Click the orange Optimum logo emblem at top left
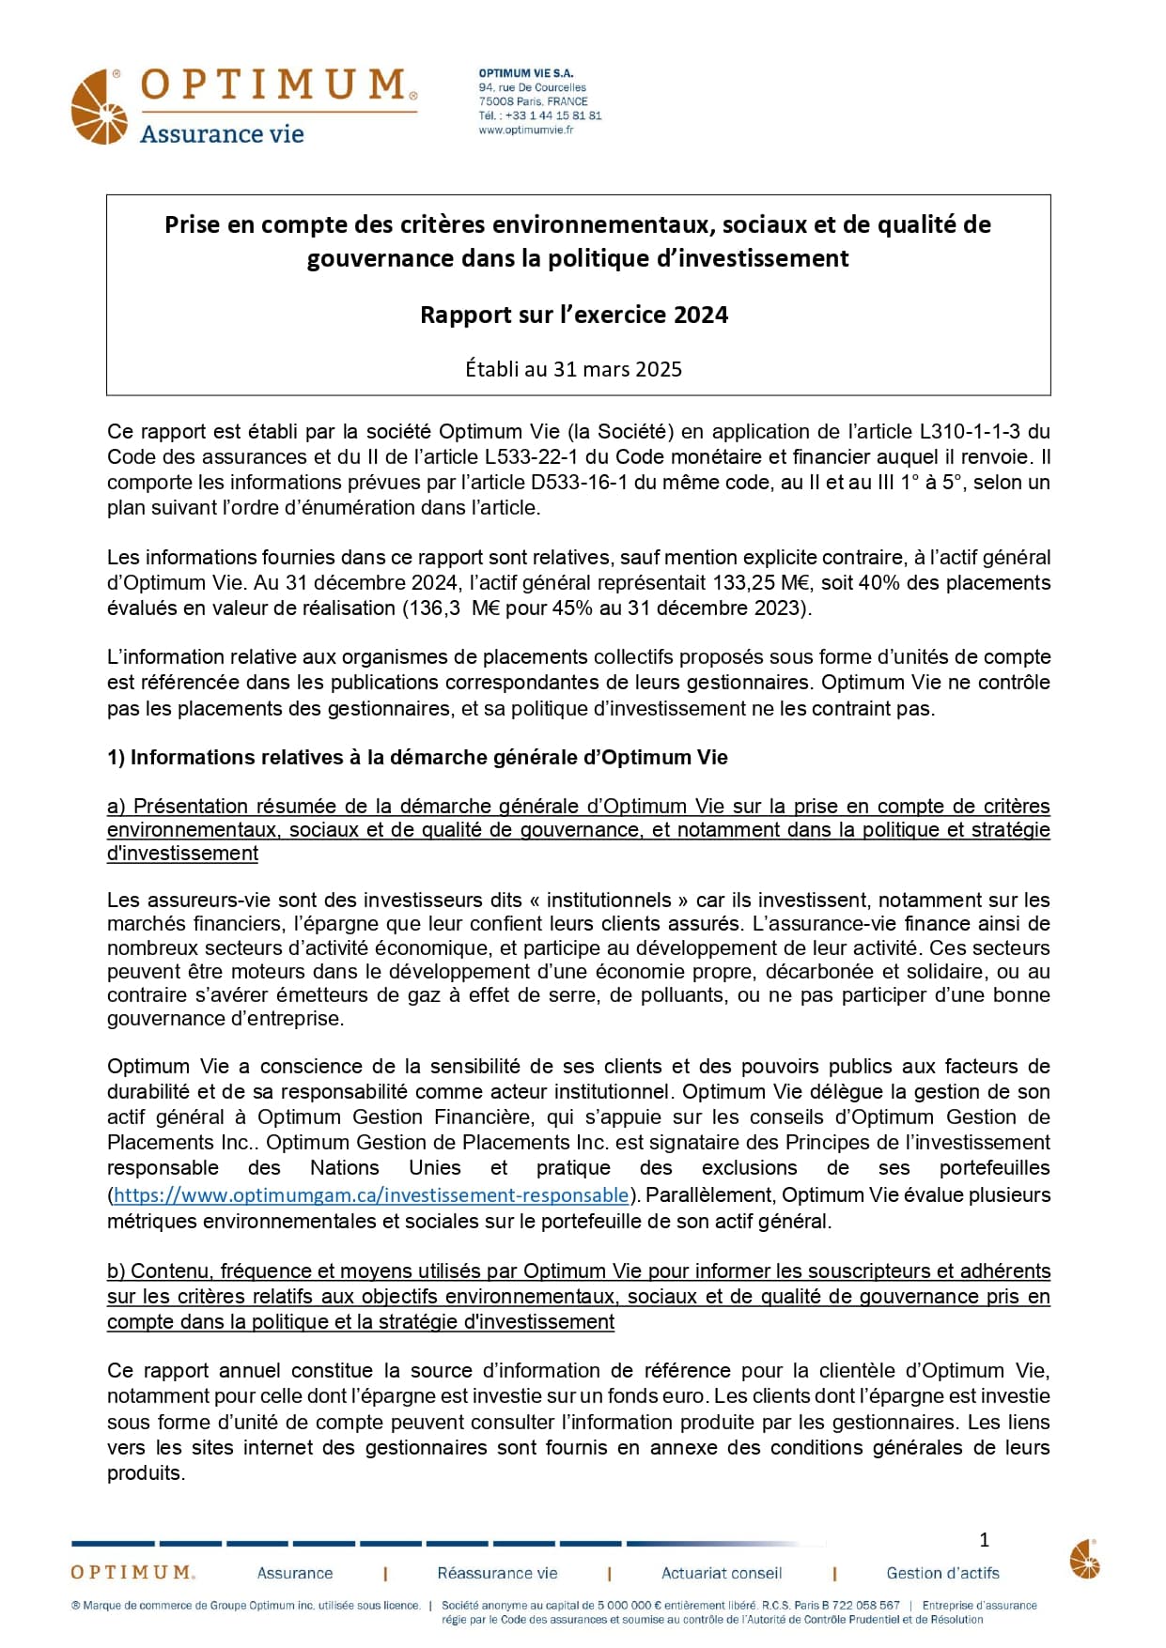coord(99,107)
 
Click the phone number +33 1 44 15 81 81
coord(553,116)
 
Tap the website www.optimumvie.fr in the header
coord(525,130)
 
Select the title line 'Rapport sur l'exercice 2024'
coord(573,315)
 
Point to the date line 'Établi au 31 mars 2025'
coord(573,369)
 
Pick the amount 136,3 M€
coord(453,608)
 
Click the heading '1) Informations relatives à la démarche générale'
coord(417,758)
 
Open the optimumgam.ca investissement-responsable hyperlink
coord(370,1195)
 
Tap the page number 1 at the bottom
coord(984,1540)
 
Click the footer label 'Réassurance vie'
coord(497,1573)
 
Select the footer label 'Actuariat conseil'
coord(722,1573)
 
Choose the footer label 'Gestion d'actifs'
coord(942,1573)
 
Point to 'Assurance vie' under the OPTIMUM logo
coord(222,134)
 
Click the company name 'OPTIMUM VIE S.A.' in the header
coord(525,73)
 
